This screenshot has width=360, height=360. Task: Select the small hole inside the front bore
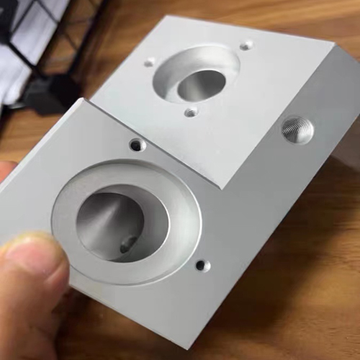pyautogui.click(x=128, y=245)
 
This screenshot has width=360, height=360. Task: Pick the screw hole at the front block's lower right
pyautogui.click(x=202, y=266)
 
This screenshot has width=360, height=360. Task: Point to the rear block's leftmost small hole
pyautogui.click(x=149, y=63)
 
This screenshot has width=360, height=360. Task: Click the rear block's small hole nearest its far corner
pyautogui.click(x=246, y=45)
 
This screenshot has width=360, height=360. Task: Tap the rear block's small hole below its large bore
pyautogui.click(x=190, y=112)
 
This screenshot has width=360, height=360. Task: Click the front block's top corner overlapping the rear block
pyautogui.click(x=89, y=100)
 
